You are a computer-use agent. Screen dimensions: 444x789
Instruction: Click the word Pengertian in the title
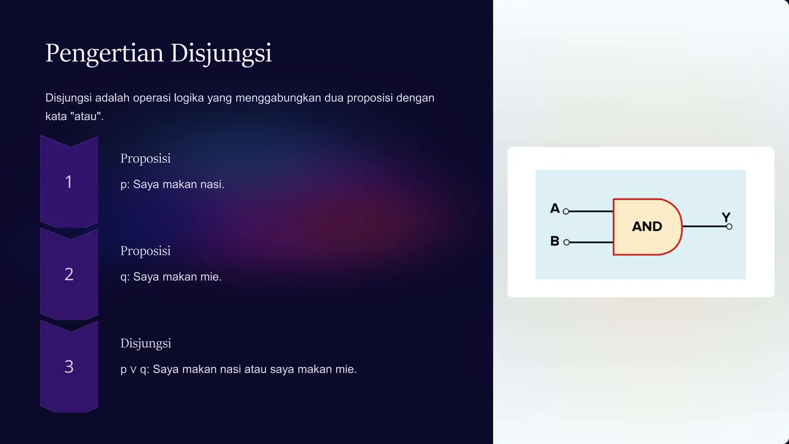click(104, 53)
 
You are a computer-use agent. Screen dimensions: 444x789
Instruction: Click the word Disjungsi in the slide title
click(221, 53)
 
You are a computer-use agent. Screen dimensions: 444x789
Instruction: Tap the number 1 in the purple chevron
click(69, 182)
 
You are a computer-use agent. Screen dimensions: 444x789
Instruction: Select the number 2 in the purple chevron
click(69, 274)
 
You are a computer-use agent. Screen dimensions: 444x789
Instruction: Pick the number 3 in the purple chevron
click(69, 367)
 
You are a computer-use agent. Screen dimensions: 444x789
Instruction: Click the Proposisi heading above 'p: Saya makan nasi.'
click(145, 158)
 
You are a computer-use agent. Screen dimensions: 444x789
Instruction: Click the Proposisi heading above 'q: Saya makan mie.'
click(145, 251)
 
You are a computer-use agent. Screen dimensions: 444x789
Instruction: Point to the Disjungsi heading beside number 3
click(146, 343)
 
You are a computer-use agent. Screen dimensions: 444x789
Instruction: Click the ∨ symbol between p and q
click(133, 370)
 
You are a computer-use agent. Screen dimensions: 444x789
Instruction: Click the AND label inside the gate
click(647, 227)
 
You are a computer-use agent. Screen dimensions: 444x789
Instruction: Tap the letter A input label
click(555, 209)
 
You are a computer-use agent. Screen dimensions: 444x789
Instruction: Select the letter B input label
click(555, 241)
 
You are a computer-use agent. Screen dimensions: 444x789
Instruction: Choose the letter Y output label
click(726, 217)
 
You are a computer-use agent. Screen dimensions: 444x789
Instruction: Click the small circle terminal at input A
click(566, 211)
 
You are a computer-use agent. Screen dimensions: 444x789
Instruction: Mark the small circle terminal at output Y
click(729, 227)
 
